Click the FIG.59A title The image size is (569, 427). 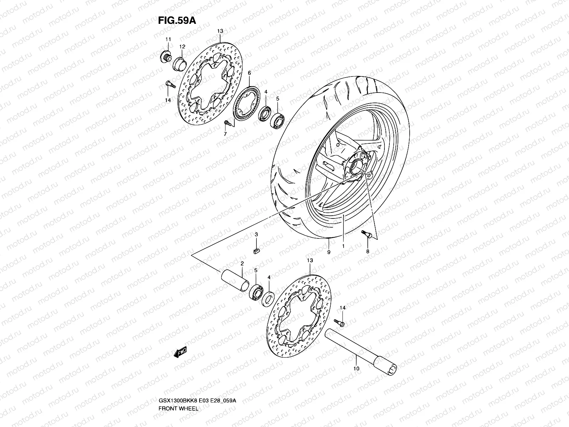pyautogui.click(x=176, y=20)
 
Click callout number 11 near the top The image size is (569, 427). pyautogui.click(x=168, y=39)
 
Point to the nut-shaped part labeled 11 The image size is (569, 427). pyautogui.click(x=166, y=57)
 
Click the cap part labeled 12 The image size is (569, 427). pyautogui.click(x=180, y=64)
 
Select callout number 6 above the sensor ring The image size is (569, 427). pyautogui.click(x=249, y=73)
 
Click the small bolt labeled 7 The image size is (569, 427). pyautogui.click(x=228, y=123)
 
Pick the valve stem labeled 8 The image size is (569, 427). pyautogui.click(x=366, y=234)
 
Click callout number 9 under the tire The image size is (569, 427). pyautogui.click(x=329, y=252)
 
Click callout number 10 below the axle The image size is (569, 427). pyautogui.click(x=357, y=369)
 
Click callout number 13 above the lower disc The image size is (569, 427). pyautogui.click(x=310, y=260)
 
